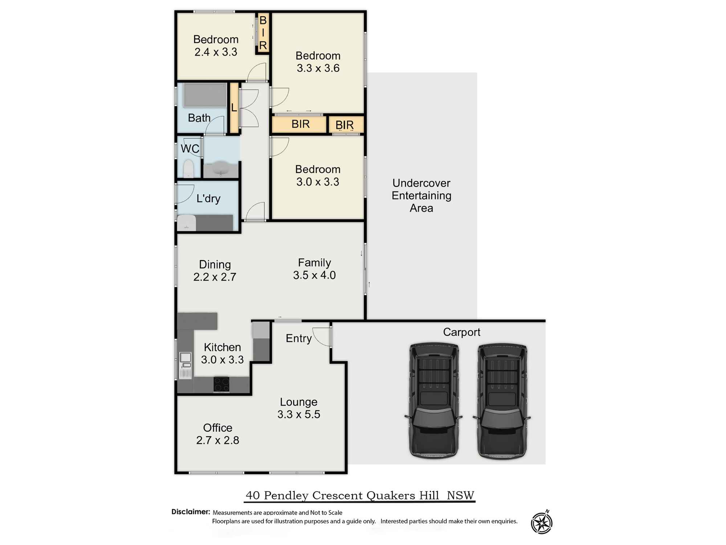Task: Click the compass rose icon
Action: (542, 522)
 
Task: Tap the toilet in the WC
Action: (188, 169)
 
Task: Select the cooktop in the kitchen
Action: (221, 384)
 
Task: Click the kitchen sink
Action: (185, 365)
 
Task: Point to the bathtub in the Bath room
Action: (205, 95)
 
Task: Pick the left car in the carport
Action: (433, 400)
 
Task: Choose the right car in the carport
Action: (502, 400)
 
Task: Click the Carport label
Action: (461, 332)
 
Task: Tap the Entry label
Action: (298, 339)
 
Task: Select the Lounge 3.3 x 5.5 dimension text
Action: (299, 414)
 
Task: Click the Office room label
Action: (217, 428)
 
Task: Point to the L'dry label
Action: (208, 198)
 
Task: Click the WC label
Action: (190, 149)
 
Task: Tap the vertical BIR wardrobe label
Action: (263, 33)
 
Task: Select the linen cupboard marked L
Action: (234, 108)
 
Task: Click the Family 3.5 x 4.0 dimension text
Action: (314, 275)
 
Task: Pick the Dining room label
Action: (215, 264)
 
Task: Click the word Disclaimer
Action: (191, 512)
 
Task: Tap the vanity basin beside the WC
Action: (220, 169)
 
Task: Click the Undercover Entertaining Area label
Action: (421, 195)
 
